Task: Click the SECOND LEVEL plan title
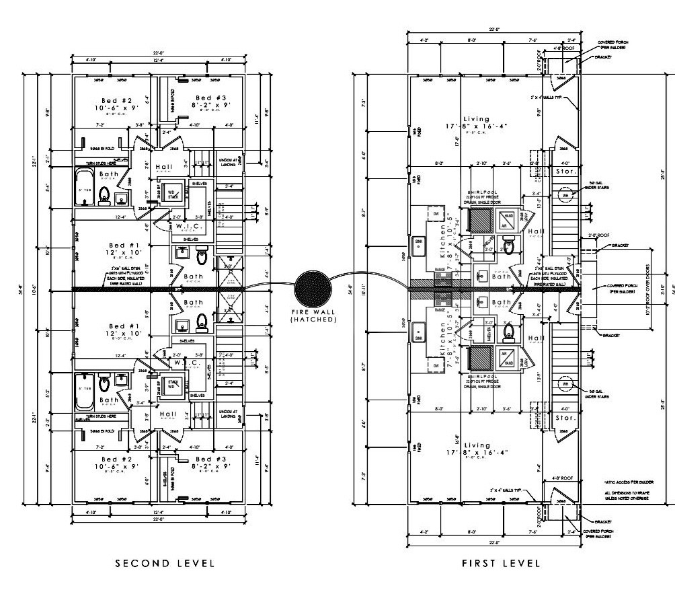point(165,562)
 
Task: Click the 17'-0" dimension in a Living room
point(457,143)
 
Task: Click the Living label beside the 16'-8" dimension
point(477,445)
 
